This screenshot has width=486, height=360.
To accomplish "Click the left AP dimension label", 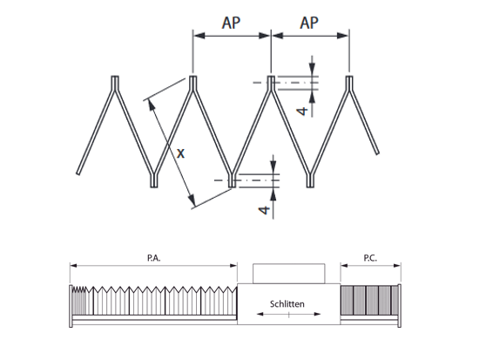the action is click(x=231, y=23).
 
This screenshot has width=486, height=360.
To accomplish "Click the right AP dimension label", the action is click(x=309, y=23).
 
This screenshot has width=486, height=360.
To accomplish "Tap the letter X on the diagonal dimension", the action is click(x=180, y=153).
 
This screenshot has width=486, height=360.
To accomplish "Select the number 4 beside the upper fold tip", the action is click(x=302, y=111).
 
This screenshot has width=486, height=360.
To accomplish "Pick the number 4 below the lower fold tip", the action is click(x=264, y=210).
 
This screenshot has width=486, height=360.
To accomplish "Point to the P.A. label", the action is click(x=154, y=258).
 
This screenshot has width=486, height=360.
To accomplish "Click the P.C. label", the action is click(x=370, y=258).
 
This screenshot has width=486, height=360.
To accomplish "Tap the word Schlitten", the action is click(x=287, y=304).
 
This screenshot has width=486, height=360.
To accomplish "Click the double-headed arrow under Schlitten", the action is click(x=289, y=314).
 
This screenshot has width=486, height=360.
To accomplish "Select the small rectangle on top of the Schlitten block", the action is click(x=289, y=274).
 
